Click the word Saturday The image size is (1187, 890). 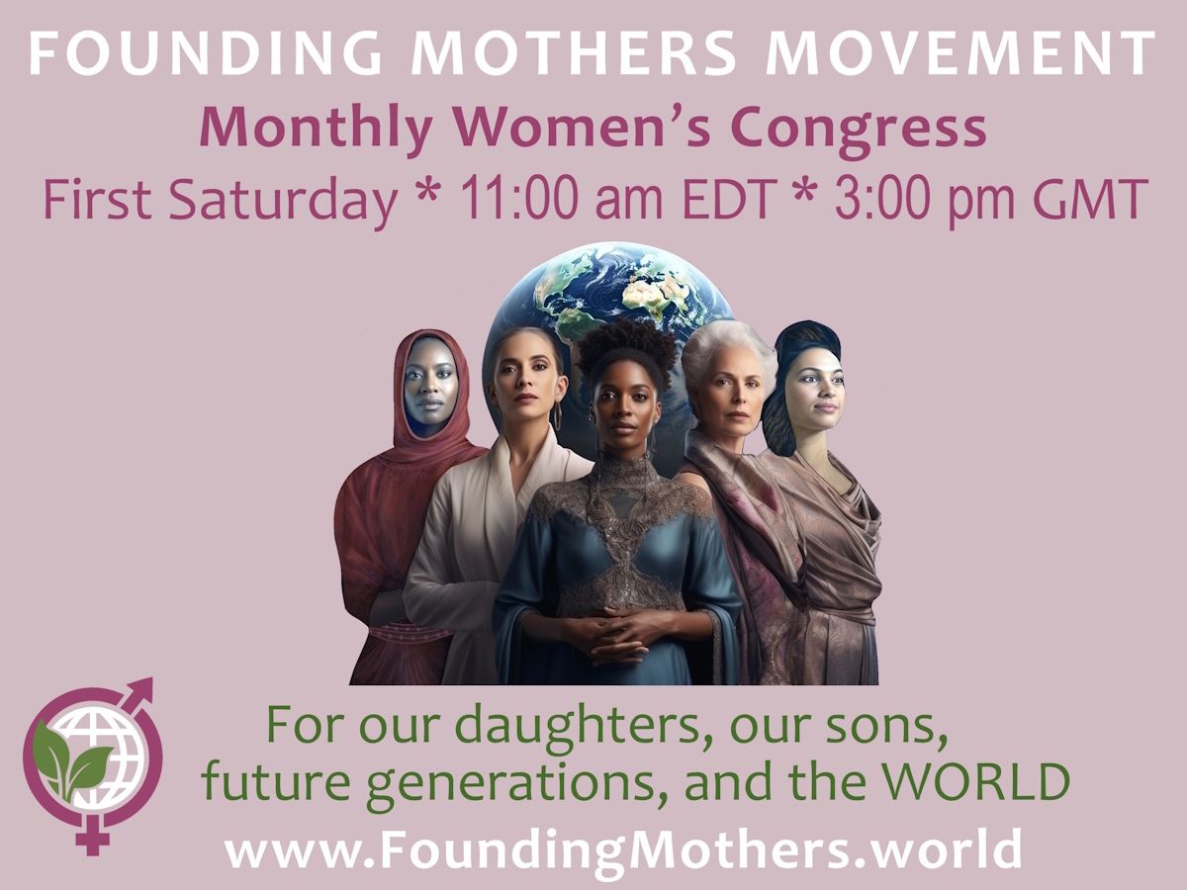[283, 200]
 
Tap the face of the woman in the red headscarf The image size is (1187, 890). [431, 385]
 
